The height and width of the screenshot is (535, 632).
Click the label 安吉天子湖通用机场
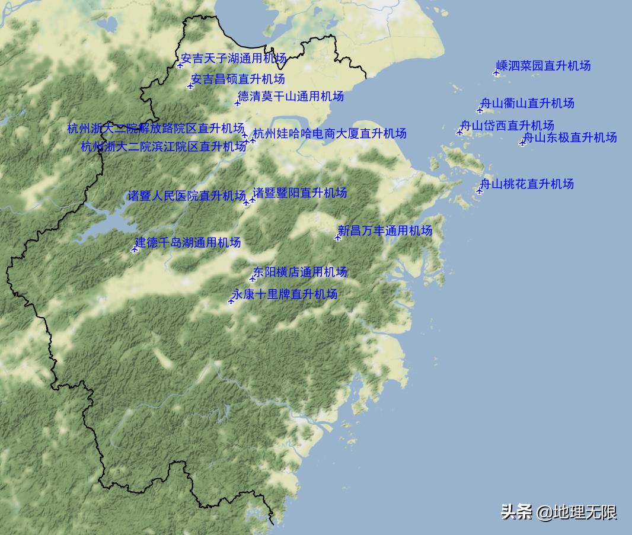[x=234, y=59]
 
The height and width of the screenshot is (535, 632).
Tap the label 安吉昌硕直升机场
[x=238, y=79]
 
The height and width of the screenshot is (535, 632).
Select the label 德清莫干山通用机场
[x=291, y=96]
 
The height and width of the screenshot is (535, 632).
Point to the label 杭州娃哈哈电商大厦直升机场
[x=330, y=133]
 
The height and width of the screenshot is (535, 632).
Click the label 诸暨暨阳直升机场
[x=300, y=193]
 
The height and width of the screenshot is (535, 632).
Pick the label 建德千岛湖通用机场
[x=188, y=242]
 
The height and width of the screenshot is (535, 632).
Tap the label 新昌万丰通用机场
[x=385, y=230]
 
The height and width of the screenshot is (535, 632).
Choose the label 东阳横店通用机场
[x=300, y=272]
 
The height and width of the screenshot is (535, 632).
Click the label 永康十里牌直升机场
[x=285, y=294]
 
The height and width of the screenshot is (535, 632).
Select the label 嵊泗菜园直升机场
[x=544, y=66]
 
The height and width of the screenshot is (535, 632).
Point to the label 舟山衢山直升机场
[x=527, y=103]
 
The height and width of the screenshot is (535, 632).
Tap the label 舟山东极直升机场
[x=570, y=137]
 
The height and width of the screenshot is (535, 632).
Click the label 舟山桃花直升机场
[x=526, y=184]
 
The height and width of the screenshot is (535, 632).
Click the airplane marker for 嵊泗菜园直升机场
[x=496, y=73]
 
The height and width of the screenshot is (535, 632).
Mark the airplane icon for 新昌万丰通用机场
[x=338, y=238]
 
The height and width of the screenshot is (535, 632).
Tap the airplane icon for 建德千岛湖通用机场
[x=135, y=249]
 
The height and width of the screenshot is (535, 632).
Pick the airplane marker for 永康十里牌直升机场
[x=231, y=301]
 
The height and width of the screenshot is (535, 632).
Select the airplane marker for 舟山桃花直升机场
[x=480, y=191]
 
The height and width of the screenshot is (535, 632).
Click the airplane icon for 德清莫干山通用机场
[x=237, y=103]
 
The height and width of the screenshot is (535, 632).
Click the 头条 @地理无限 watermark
[x=559, y=512]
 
